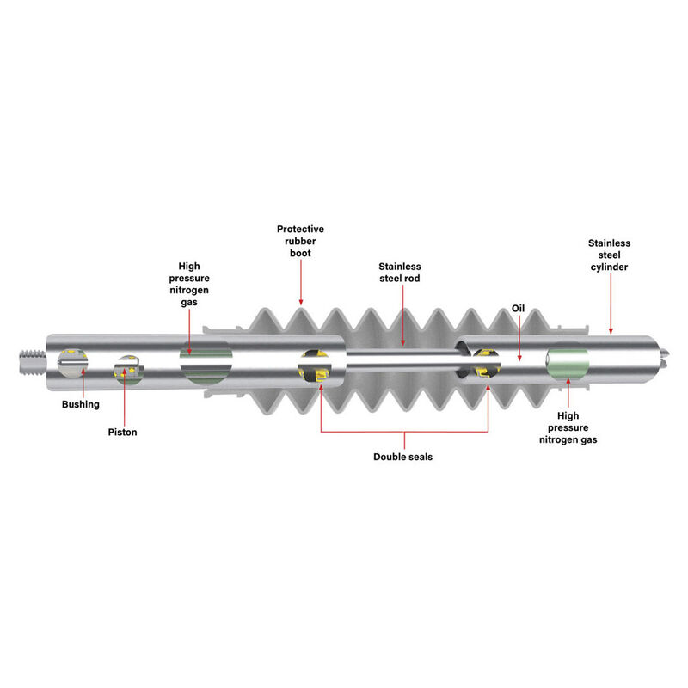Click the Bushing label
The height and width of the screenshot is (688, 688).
coord(80,404)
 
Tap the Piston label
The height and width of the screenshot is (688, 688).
coord(122,433)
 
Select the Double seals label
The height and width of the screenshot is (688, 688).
coord(402,457)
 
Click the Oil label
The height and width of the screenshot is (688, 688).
coord(519,309)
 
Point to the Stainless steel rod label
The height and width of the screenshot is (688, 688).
coord(400,273)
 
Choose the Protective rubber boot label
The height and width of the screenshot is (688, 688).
coord(300,241)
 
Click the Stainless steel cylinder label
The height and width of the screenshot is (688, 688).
coord(609,255)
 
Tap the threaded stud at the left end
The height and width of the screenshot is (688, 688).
coord(33,361)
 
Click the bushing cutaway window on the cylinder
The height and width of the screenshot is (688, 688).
coord(73,363)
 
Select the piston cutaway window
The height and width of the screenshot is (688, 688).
coord(128,370)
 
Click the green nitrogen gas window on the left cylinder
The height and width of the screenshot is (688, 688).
coord(206,363)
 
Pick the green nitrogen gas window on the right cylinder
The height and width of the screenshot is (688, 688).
coord(568,363)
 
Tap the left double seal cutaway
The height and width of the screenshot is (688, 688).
coord(315,365)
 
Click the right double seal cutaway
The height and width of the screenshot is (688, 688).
coord(486,363)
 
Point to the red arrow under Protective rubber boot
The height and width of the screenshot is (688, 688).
coord(300,282)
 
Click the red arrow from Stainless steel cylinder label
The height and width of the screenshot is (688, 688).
coord(611,304)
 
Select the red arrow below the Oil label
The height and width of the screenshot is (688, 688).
coord(519,337)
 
